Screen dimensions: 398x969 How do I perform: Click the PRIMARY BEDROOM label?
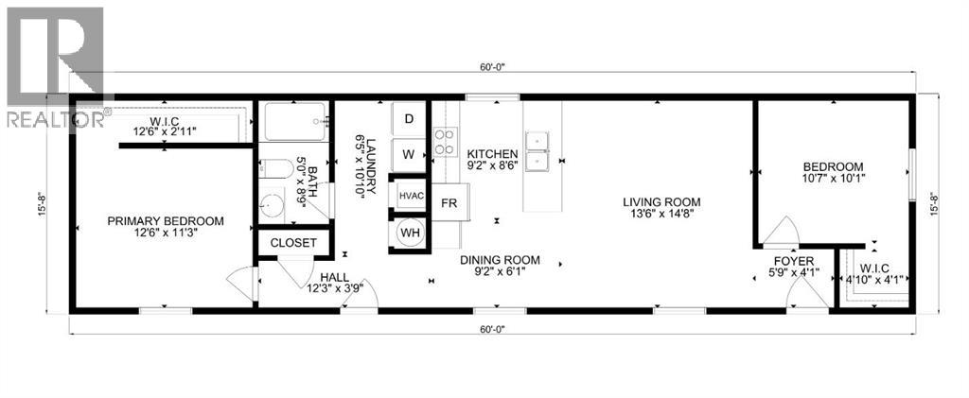(166, 221)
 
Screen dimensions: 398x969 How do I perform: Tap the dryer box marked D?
(409, 119)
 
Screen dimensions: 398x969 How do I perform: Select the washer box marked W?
(409, 153)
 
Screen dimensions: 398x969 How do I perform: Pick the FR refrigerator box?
(449, 203)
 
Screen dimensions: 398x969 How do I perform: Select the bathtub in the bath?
(294, 122)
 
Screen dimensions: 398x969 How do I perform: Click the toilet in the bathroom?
(272, 172)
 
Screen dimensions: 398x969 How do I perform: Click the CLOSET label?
(293, 242)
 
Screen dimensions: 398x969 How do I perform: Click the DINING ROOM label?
(500, 260)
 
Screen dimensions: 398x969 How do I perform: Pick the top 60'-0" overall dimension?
(493, 67)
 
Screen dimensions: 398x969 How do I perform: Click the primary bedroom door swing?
(241, 282)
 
